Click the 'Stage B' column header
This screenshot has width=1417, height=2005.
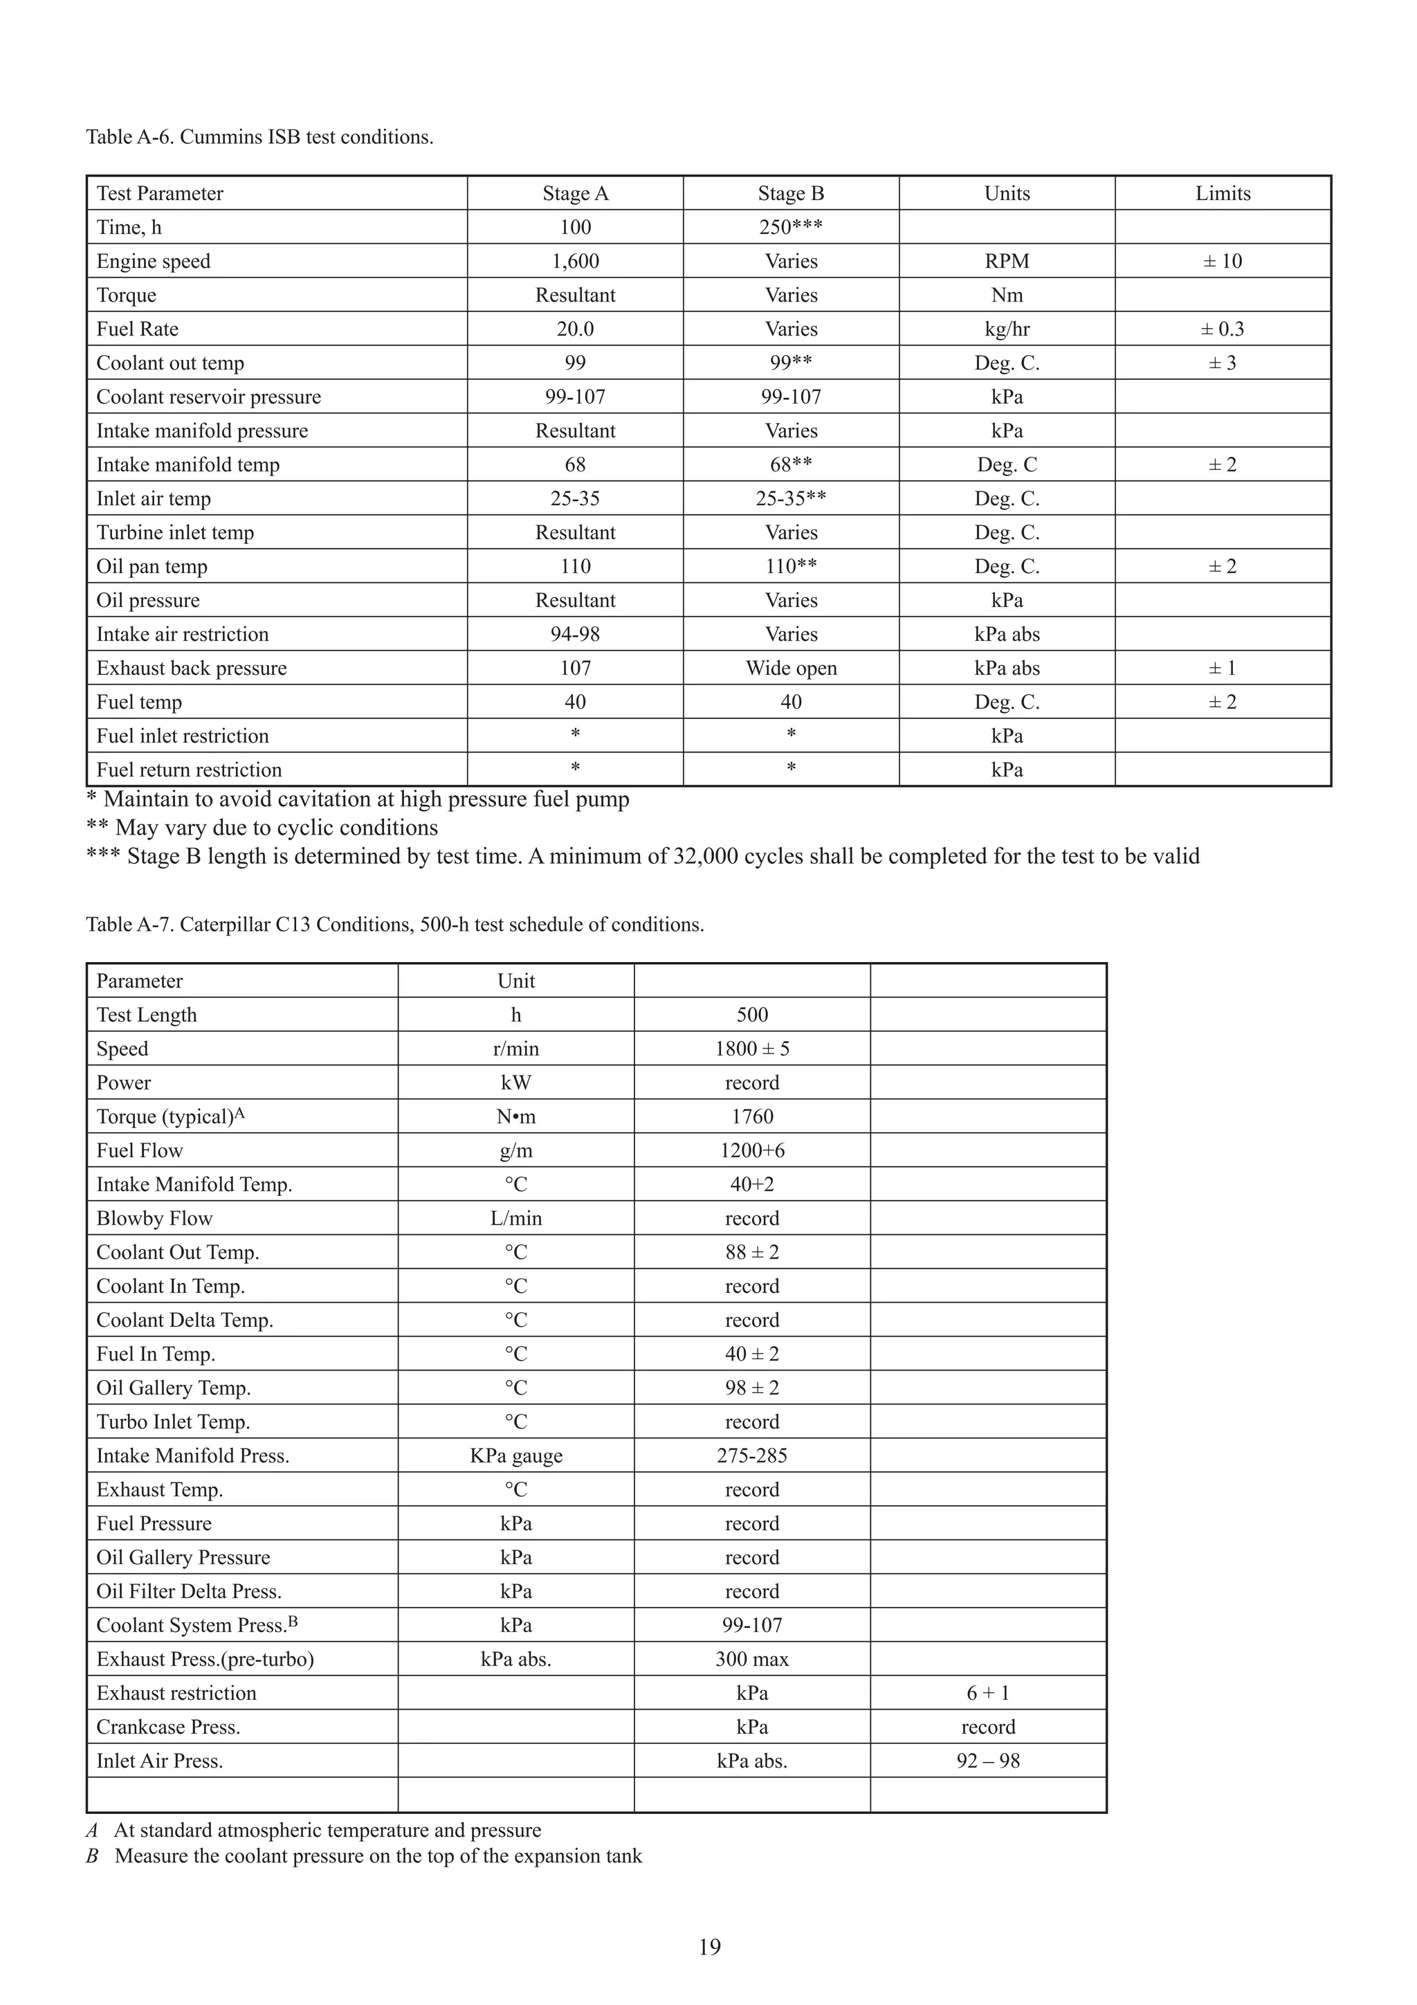(x=790, y=193)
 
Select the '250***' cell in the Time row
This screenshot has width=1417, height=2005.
(x=790, y=227)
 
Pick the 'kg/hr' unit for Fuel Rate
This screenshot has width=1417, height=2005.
(x=1006, y=329)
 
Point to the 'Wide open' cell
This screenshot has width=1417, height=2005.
(x=790, y=668)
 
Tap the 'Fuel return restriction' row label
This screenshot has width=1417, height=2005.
(x=189, y=770)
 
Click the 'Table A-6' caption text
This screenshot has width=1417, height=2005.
(x=259, y=137)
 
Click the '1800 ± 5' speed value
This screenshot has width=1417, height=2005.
(x=751, y=1049)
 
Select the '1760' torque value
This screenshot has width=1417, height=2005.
(x=751, y=1117)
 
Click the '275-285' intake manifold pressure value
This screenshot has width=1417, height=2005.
(x=751, y=1455)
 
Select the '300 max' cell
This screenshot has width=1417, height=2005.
(x=751, y=1659)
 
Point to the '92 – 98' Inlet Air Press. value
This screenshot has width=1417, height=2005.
(x=987, y=1761)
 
